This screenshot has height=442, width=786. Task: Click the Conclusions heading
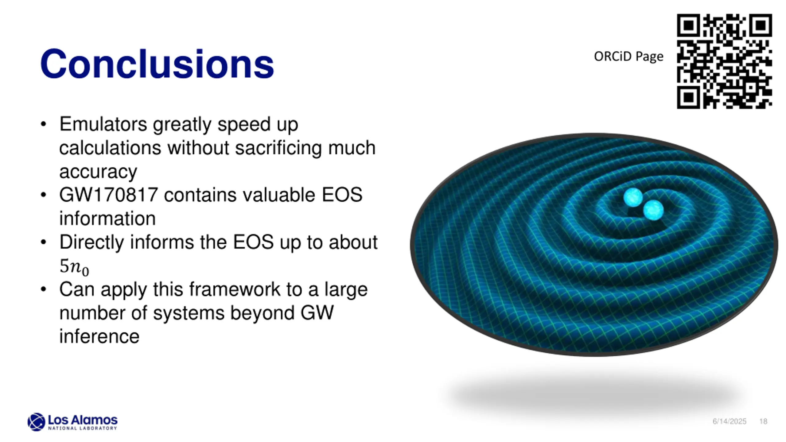pyautogui.click(x=157, y=64)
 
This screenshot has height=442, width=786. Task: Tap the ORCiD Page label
pyautogui.click(x=628, y=56)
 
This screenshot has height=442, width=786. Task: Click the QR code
pyautogui.click(x=724, y=61)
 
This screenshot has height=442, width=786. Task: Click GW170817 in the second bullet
pyautogui.click(x=109, y=195)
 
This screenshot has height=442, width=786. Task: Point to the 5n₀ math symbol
pyautogui.click(x=74, y=267)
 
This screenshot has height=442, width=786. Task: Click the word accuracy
pyautogui.click(x=98, y=172)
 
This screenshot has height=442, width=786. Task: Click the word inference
pyautogui.click(x=99, y=336)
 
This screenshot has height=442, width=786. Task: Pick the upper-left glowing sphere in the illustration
pyautogui.click(x=633, y=197)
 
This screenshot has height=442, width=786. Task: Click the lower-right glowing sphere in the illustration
pyautogui.click(x=653, y=210)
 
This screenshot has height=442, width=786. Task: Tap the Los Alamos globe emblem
pyautogui.click(x=36, y=422)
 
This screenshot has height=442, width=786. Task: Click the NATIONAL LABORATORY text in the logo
pyautogui.click(x=83, y=428)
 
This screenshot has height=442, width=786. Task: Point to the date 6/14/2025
pyautogui.click(x=730, y=421)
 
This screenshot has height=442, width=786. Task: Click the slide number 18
pyautogui.click(x=764, y=421)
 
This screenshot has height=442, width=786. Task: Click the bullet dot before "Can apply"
pyautogui.click(x=43, y=289)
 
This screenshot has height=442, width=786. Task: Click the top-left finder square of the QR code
pyautogui.click(x=689, y=25)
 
